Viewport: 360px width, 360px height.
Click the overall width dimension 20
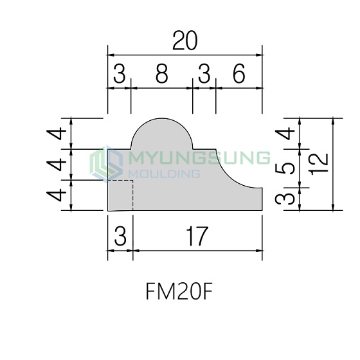click(x=184, y=41)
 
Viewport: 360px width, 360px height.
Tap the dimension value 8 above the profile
click(x=162, y=73)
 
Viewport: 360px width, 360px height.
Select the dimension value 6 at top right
click(x=239, y=73)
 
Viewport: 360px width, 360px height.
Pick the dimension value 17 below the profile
click(x=197, y=236)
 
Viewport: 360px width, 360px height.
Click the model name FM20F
click(x=179, y=291)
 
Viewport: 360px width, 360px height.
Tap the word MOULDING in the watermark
click(x=164, y=174)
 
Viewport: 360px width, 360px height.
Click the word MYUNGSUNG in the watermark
click(x=199, y=158)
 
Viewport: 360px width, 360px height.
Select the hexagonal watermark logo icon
click(x=106, y=163)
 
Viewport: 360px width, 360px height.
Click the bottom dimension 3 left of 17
click(x=120, y=236)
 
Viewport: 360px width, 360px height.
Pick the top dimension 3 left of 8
click(x=120, y=73)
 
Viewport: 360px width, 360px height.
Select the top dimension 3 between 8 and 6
click(x=204, y=73)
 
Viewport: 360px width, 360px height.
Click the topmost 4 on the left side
click(x=57, y=134)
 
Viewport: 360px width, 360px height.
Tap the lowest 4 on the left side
click(x=57, y=195)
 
